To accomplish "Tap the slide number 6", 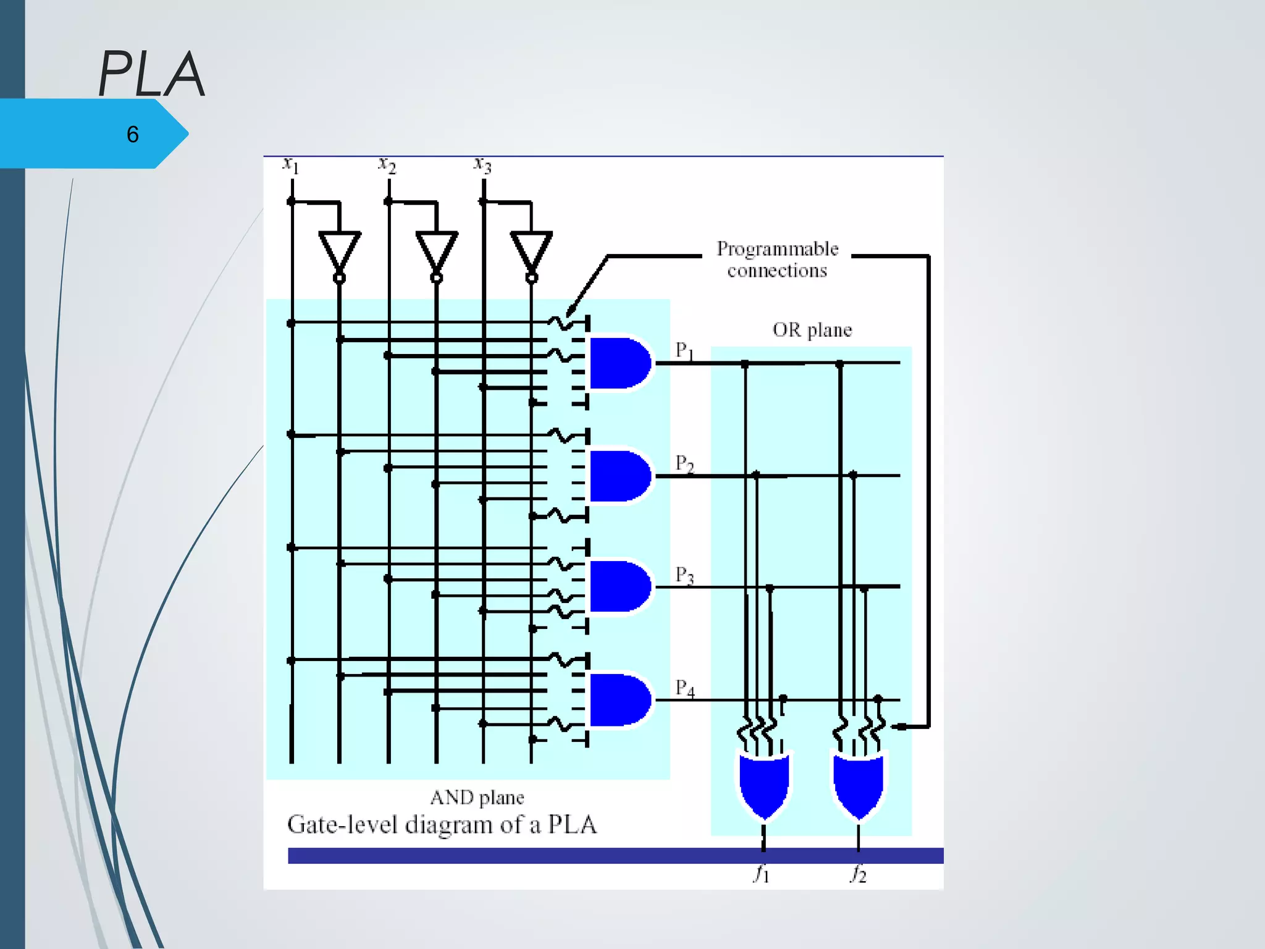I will (132, 135).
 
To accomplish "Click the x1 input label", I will (290, 165).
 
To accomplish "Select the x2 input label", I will (387, 165).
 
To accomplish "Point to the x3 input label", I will (482, 165).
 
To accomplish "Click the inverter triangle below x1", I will (339, 250).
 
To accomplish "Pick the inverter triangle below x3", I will (531, 250).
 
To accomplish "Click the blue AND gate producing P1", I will (618, 363).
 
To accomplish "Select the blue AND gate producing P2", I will (618, 476).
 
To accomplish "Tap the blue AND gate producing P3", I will (618, 586).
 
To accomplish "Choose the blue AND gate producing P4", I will (618, 700).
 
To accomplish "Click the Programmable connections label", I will (777, 259).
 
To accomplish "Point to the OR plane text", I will (812, 330).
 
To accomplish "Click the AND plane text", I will (477, 798).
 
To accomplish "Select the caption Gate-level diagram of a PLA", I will (442, 825).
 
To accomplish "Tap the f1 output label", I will (762, 874).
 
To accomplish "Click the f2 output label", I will (858, 874).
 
